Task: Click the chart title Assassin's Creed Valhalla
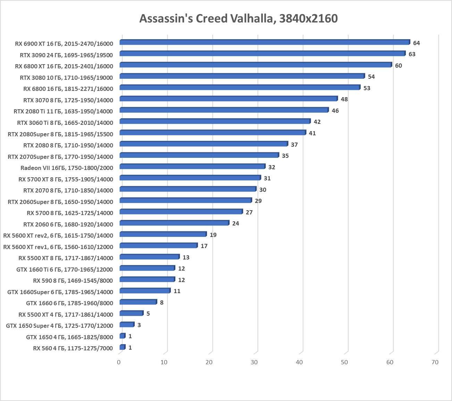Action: (x=238, y=18)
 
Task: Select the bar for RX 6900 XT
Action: (x=265, y=42)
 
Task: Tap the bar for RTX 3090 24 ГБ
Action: (x=262, y=54)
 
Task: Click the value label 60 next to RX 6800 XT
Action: (x=398, y=66)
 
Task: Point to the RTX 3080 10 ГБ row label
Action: (x=66, y=77)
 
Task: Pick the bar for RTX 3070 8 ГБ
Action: (x=228, y=99)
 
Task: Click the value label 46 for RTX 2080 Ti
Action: (x=335, y=111)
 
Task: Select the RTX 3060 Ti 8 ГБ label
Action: (x=65, y=122)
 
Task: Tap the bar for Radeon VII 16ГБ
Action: (x=192, y=167)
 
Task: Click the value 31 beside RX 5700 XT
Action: (x=267, y=178)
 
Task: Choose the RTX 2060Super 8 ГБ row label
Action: (x=60, y=202)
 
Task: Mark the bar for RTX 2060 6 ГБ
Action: (x=174, y=223)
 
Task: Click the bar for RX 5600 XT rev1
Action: (x=158, y=246)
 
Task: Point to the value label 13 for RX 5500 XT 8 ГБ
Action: (x=186, y=257)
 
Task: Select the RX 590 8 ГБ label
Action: (x=73, y=280)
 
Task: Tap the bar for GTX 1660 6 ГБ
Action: (x=138, y=302)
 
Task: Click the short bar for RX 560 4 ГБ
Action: (x=122, y=347)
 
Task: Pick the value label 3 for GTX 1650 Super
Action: (x=139, y=325)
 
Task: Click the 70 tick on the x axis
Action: (x=435, y=362)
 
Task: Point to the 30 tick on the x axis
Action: (x=254, y=362)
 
